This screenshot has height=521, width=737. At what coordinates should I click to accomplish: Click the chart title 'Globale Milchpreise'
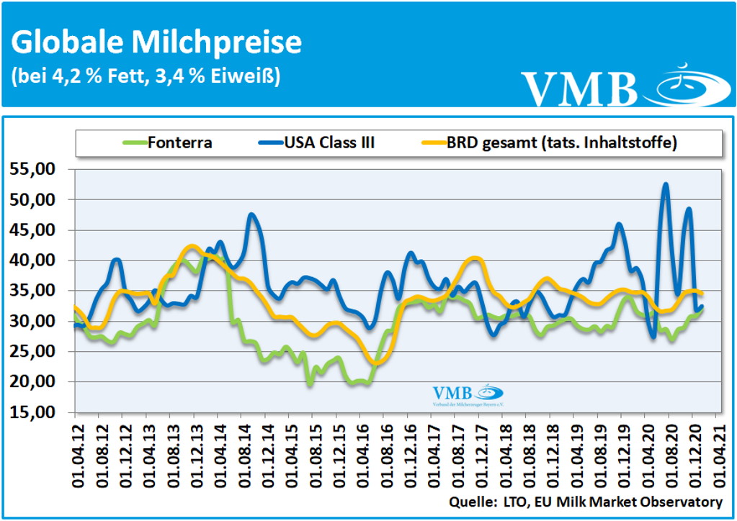tap(156, 42)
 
